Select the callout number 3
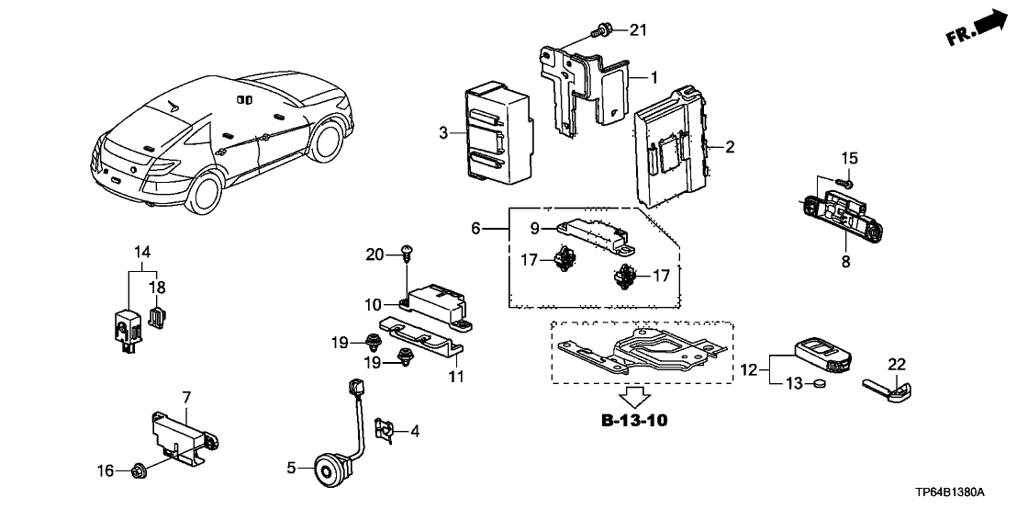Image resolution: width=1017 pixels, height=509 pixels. [x=443, y=134]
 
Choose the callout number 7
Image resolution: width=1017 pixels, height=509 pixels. [x=186, y=396]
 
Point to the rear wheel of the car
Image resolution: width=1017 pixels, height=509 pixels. [x=204, y=192]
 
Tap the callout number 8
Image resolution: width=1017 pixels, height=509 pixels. [x=845, y=261]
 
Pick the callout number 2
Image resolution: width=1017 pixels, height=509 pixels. [x=731, y=146]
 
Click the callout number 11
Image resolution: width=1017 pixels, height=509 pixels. [x=455, y=377]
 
